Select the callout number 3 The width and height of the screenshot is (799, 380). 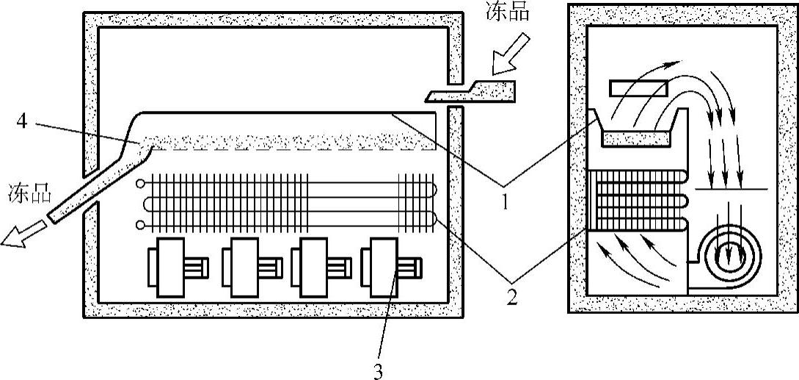pos(378,371)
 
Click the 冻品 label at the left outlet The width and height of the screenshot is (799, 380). pos(29,194)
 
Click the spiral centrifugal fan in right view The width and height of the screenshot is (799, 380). pos(731,257)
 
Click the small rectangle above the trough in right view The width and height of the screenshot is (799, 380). pos(637,89)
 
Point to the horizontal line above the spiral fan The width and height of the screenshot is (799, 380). pos(730,190)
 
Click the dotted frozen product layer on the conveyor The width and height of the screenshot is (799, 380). pos(293,141)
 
